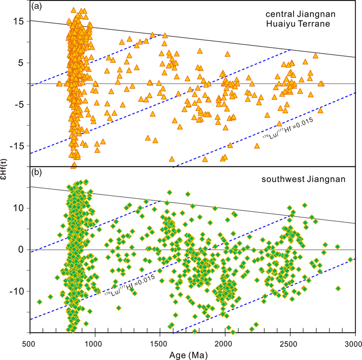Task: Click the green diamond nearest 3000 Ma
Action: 350,260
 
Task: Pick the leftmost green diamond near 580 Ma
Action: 39,302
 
